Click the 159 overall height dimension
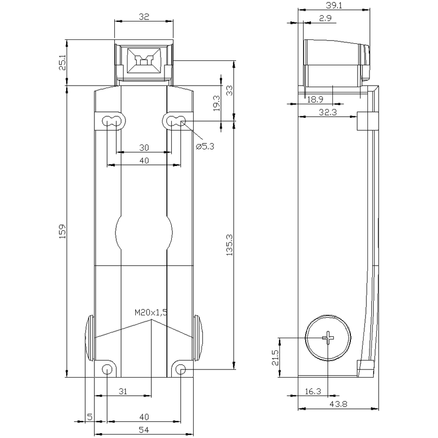[x=62, y=231]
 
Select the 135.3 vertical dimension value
[x=229, y=245]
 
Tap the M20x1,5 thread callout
[x=151, y=312]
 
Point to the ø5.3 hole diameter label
[x=205, y=146]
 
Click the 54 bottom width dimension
[x=144, y=430]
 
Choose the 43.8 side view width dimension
[x=338, y=404]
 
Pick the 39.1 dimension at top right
[x=334, y=5]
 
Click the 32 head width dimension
[x=144, y=17]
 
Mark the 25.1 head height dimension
[x=62, y=62]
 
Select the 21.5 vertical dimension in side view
[x=275, y=358]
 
